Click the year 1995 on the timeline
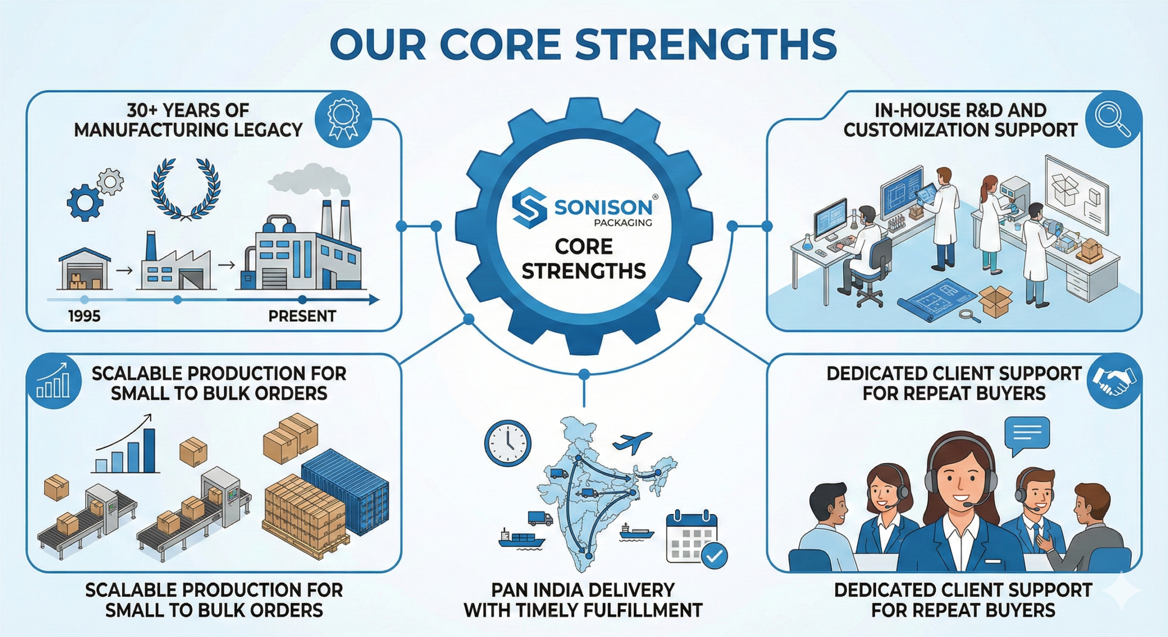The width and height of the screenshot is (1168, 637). coord(84,316)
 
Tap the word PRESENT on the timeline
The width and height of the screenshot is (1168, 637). coord(302,316)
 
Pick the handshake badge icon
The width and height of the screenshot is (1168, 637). coord(1114,381)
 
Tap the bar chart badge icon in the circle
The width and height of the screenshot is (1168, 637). coord(54,381)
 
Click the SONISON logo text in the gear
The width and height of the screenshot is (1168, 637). coord(603,208)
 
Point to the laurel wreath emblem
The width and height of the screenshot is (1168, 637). coord(186,188)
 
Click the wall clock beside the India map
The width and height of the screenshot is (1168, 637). coord(507,443)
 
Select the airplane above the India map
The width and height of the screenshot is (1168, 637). coord(632,441)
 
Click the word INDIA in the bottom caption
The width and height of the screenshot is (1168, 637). coord(568,590)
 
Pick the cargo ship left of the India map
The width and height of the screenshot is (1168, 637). coord(521,539)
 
